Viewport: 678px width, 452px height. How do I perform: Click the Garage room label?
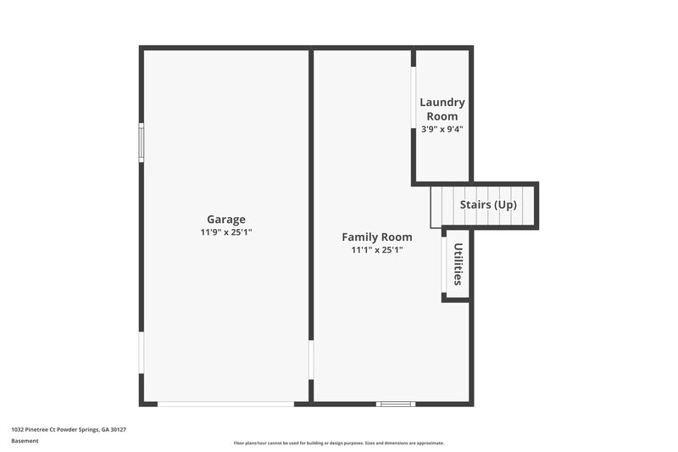click(x=226, y=219)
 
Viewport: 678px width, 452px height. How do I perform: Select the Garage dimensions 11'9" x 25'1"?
click(x=226, y=232)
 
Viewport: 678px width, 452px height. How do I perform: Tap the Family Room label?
click(x=377, y=237)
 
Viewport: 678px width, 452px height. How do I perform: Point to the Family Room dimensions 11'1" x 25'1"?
click(x=377, y=250)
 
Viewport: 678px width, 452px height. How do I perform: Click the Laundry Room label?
click(x=442, y=109)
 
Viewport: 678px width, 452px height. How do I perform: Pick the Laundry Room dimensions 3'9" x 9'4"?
click(x=442, y=130)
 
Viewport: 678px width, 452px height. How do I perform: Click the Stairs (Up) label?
click(x=488, y=205)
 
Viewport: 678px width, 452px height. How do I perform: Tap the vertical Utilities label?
click(x=458, y=264)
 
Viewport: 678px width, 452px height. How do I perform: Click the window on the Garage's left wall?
click(x=142, y=141)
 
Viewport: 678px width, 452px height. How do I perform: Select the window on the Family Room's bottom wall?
click(x=395, y=404)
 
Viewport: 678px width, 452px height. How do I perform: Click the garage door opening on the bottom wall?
click(x=226, y=404)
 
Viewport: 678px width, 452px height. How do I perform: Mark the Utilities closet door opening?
click(x=443, y=265)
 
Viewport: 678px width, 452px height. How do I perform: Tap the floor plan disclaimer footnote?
click(x=339, y=443)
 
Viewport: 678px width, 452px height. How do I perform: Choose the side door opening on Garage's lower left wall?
click(x=142, y=352)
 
